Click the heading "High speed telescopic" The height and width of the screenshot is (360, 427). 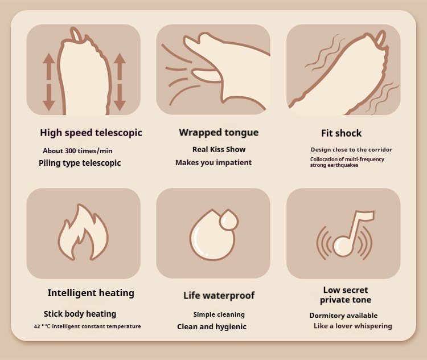(91, 133)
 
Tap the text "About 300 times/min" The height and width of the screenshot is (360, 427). (77, 151)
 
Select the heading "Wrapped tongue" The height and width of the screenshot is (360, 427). (219, 133)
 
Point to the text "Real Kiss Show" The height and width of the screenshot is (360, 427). (219, 149)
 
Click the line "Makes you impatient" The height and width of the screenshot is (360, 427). (213, 162)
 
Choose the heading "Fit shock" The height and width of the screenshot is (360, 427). (341, 133)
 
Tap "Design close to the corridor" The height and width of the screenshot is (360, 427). (351, 150)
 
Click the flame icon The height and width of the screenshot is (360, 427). (83, 232)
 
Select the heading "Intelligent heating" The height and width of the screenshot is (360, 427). (91, 293)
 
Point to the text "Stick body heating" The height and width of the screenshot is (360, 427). (80, 314)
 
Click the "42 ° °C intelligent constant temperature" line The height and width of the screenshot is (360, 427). (88, 326)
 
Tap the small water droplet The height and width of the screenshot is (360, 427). (229, 219)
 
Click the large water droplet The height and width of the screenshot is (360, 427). (210, 237)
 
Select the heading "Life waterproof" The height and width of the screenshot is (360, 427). (219, 296)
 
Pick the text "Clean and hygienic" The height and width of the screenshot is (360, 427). (212, 326)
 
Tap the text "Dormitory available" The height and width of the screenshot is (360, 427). (343, 316)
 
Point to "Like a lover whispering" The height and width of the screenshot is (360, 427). (352, 326)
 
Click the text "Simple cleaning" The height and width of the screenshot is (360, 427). (219, 314)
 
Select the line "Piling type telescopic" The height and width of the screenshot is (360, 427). (80, 163)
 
